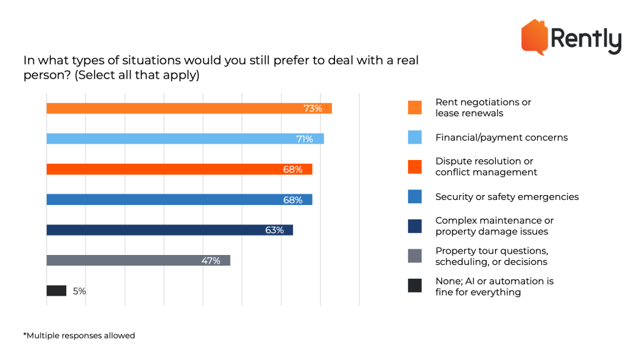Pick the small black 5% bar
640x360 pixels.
coord(56,291)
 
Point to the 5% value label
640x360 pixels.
coord(79,291)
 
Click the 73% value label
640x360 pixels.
coord(312,109)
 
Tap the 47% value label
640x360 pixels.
coord(211,261)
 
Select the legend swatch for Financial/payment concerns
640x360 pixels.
coord(414,137)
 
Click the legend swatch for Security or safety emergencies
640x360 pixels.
coord(414,197)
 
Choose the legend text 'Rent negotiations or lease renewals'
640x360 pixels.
coord(482,107)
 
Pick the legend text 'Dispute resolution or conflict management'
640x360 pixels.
coord(486,167)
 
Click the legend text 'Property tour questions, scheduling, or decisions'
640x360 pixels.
coord(491,256)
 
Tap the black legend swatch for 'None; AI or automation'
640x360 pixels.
coord(414,286)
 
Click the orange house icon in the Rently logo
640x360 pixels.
coord(534,36)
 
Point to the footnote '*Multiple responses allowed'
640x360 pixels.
coord(79,336)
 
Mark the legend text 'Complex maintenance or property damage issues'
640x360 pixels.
coord(494,226)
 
